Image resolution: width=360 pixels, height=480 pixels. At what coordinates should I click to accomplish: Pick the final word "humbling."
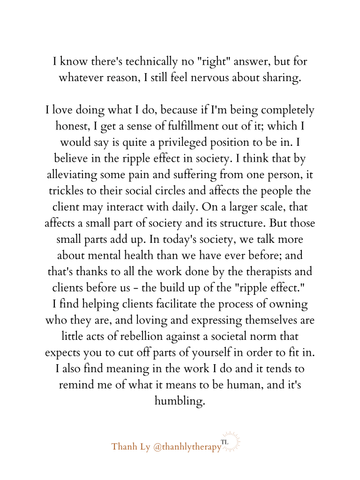tap(180, 401)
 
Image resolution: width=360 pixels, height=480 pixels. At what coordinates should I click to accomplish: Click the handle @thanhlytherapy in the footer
tap(187, 447)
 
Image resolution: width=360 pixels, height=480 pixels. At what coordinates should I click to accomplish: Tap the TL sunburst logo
tap(230, 442)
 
